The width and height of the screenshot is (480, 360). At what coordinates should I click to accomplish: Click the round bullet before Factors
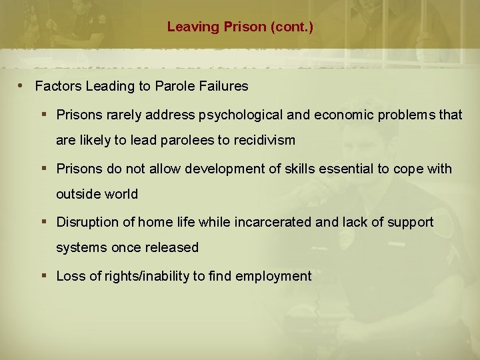point(22,85)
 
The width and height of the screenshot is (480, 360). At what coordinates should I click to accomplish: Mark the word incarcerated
point(273,222)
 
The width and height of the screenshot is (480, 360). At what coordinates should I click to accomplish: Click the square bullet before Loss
point(44,275)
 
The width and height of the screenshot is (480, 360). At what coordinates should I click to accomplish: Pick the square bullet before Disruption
point(44,221)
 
